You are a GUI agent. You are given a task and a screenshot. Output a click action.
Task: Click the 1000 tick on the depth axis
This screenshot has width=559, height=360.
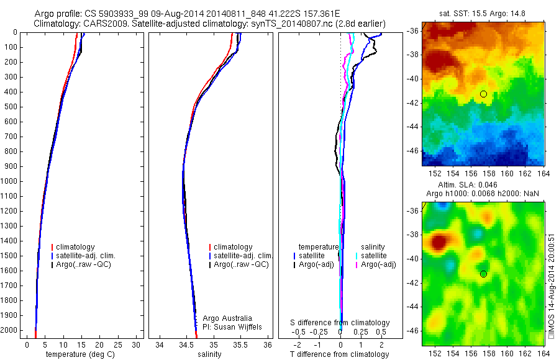(10, 181)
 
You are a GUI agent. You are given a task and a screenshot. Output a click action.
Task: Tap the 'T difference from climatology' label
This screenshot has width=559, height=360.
(340, 354)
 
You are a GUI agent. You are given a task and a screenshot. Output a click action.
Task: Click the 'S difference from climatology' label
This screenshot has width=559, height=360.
(340, 323)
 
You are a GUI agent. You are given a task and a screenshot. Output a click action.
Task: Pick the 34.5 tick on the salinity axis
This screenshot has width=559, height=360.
(186, 344)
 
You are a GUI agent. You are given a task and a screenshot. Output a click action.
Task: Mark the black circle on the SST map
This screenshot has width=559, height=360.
(483, 94)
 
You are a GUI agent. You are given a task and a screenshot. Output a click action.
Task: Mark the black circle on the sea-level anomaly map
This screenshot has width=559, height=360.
(483, 274)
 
